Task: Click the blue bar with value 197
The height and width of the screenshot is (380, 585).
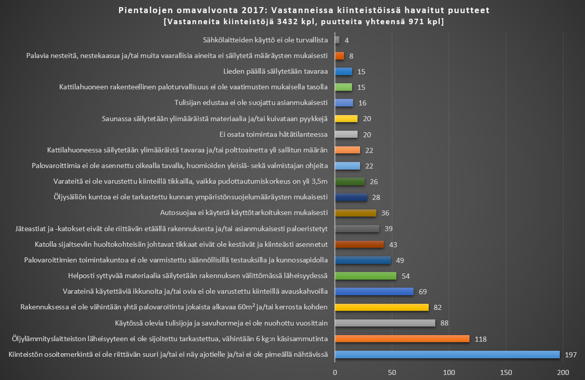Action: (x=447, y=355)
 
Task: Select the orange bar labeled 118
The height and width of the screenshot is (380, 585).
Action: (x=402, y=339)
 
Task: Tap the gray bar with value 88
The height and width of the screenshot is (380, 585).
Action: (x=385, y=323)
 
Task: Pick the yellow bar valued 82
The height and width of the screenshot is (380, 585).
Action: (x=381, y=307)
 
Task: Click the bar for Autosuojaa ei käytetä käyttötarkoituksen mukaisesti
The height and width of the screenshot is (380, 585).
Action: (x=355, y=213)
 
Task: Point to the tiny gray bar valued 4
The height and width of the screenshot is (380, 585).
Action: (x=337, y=40)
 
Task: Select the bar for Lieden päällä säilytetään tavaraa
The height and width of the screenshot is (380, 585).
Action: (x=343, y=71)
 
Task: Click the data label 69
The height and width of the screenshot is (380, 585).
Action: (x=423, y=292)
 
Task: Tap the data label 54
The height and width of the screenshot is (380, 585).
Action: (x=405, y=276)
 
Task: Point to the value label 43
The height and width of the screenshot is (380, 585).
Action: (x=393, y=244)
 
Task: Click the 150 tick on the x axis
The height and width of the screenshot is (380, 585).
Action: (x=506, y=372)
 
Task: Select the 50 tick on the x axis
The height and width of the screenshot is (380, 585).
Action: (x=392, y=372)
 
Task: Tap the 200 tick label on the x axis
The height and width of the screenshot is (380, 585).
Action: (x=562, y=372)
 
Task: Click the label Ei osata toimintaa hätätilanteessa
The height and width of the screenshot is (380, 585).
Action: (x=274, y=134)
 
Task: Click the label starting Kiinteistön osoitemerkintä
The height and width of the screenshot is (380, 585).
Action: (x=169, y=355)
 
